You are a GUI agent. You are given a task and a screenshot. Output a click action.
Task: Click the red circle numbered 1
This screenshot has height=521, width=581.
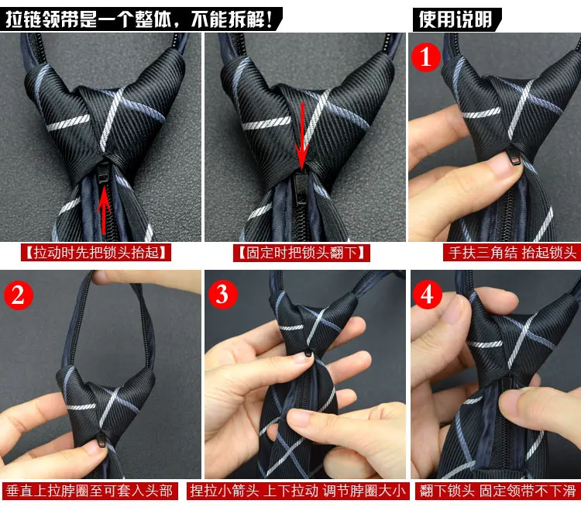pos(426,57)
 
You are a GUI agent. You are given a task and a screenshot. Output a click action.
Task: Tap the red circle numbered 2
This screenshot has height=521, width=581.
pos(19,295)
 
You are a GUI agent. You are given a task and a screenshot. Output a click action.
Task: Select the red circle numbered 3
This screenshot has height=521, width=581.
pos(222,295)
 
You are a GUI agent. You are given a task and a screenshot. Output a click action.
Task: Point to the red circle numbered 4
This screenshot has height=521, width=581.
pos(428,295)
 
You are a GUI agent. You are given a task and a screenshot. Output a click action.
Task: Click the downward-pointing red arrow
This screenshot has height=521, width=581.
pos(302,136)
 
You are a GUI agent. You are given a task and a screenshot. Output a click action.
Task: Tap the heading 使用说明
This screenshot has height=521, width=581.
pos(456,19)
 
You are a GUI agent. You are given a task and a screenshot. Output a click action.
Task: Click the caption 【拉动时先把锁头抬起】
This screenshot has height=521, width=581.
pos(96,253)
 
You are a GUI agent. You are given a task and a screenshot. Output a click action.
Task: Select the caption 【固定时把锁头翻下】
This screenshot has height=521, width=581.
pos(301,253)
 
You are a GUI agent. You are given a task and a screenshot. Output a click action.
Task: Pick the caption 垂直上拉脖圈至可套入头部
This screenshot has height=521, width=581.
pos(89,491)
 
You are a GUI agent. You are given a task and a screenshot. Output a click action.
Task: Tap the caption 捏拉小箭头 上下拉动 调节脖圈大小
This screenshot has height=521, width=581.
pos(298,491)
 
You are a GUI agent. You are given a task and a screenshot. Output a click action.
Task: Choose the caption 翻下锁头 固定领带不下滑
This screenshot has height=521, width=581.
pos(497,491)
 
